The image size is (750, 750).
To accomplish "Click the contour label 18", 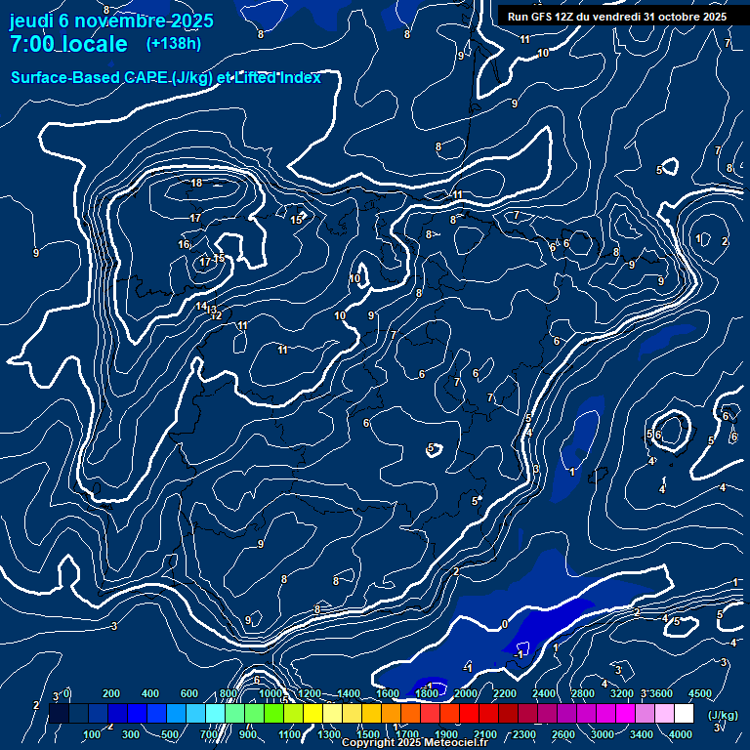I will tap(196, 183).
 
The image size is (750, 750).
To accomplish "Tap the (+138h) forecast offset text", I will tap(173, 43).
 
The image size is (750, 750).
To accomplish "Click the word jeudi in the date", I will tap(31, 21).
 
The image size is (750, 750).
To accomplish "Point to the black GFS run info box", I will tap(617, 16).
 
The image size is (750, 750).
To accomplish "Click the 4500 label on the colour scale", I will tap(699, 693).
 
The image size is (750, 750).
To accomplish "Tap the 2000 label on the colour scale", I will tap(465, 693).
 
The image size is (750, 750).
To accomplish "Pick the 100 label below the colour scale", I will tap(92, 734).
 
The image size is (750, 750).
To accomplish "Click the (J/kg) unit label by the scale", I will tap(724, 716).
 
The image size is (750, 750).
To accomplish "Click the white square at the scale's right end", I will tap(684, 714).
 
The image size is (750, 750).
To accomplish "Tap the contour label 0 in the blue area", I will tap(504, 624).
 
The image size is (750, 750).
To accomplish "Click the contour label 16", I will tap(184, 244).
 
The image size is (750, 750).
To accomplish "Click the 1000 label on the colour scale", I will tap(270, 693).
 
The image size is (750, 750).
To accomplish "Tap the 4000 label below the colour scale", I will tap(681, 734).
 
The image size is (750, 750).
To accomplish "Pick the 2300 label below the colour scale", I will tap(523, 734).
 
